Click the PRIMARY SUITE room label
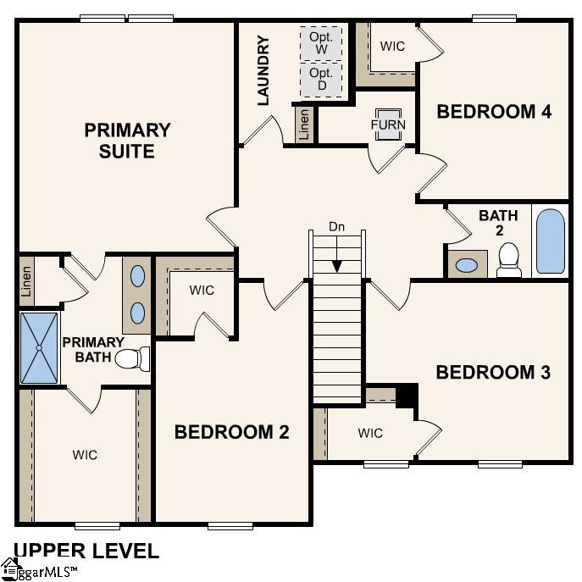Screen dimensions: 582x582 coord(127,141)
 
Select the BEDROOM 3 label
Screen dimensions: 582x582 coord(493,372)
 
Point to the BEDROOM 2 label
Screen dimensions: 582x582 coord(231,432)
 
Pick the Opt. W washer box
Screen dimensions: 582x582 coord(321,43)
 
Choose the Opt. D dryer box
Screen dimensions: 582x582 coord(321,80)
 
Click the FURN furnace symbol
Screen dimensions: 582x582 coord(388,125)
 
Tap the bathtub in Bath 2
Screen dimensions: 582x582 coord(551,241)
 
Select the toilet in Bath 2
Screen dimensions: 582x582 coord(509,259)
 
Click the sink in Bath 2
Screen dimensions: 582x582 coord(467,264)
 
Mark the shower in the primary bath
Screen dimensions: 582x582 coord(39,347)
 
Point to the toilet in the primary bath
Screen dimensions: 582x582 coord(130,359)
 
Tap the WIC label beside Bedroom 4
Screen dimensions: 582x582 coord(392,47)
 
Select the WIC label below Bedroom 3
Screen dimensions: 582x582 coord(370,434)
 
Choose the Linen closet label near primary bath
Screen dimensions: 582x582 coord(26,280)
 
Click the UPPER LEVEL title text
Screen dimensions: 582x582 coord(86,551)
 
